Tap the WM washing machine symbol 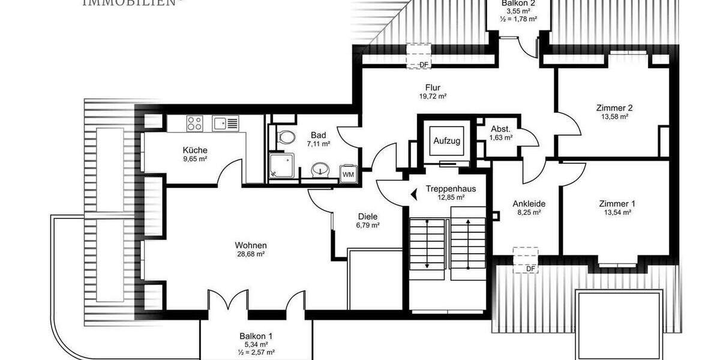(348, 174)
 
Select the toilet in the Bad (287, 137)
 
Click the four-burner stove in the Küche (195, 124)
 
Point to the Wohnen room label (251, 245)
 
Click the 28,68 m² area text (251, 254)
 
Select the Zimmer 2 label (614, 108)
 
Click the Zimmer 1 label (617, 204)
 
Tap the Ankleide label (529, 203)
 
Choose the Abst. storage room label (500, 129)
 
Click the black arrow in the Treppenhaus (414, 194)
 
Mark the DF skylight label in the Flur (424, 65)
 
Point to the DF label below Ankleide (530, 269)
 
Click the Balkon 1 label (256, 337)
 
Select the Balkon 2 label (519, 3)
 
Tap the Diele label (367, 217)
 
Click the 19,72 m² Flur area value (433, 96)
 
